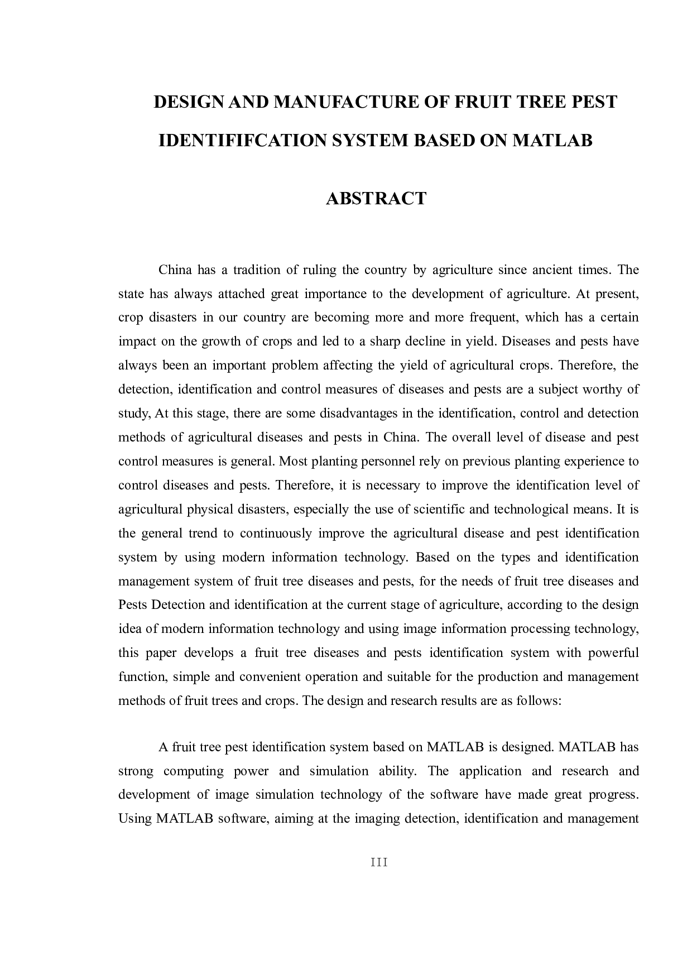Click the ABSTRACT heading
pyautogui.click(x=376, y=198)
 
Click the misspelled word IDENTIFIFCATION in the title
pyautogui.click(x=241, y=140)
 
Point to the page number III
pyautogui.click(x=379, y=862)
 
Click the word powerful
pyautogui.click(x=613, y=653)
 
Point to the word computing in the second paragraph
pyautogui.click(x=193, y=771)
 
